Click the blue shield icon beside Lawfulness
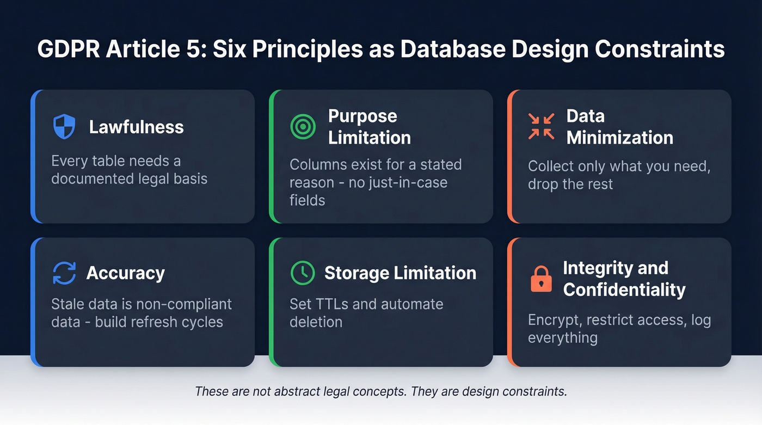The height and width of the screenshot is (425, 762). point(64,126)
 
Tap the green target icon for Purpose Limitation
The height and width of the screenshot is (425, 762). point(303,126)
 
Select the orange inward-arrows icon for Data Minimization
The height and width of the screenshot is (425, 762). point(541,126)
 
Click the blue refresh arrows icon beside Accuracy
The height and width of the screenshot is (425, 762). point(64,273)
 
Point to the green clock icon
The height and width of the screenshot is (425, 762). point(303,273)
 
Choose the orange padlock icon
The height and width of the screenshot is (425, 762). point(541,279)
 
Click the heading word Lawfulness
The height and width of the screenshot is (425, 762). point(136,127)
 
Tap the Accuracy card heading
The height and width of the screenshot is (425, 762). point(125,273)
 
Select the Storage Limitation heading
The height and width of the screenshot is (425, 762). point(400,273)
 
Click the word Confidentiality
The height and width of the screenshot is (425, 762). point(624,290)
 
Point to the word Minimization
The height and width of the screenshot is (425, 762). point(619,138)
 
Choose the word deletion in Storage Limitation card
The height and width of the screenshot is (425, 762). point(316,322)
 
